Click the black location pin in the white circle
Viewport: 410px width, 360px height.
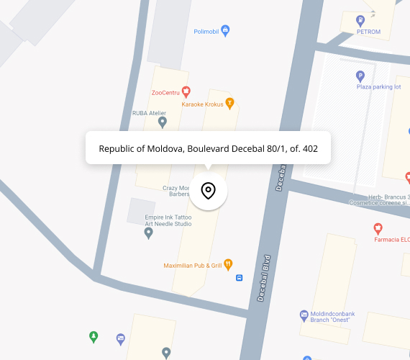pos(208,191)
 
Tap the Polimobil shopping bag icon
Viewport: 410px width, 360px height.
pos(226,31)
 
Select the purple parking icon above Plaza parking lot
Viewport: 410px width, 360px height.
pos(360,76)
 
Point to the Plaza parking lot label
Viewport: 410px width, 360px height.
pos(378,87)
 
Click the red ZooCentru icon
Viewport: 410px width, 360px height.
pos(186,91)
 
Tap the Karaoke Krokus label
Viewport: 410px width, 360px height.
pos(202,104)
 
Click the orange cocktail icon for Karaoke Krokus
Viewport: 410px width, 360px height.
pos(229,102)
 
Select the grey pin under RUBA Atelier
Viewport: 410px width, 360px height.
pos(163,122)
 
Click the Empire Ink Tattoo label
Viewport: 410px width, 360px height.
pos(168,216)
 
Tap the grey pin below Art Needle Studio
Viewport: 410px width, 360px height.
pos(148,233)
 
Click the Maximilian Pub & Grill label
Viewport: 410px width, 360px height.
pos(192,265)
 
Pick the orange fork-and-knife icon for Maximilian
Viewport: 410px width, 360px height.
pos(228,264)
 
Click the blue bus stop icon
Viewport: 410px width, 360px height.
pos(240,277)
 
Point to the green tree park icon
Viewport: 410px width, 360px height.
pos(93,336)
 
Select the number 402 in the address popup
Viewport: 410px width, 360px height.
pos(309,149)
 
